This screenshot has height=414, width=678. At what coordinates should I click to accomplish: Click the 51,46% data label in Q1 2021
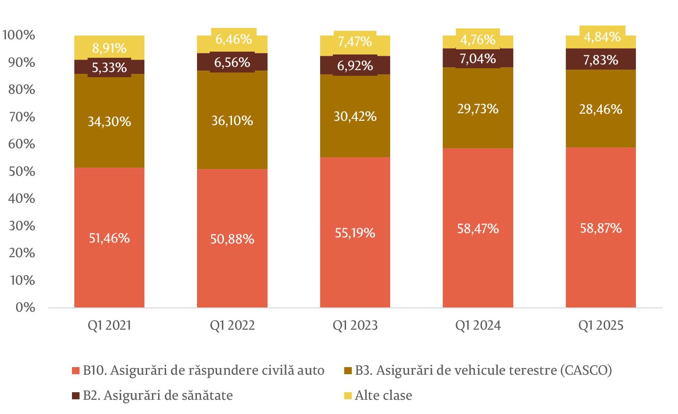click(109, 238)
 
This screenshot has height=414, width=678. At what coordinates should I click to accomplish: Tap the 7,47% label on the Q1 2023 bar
click(355, 42)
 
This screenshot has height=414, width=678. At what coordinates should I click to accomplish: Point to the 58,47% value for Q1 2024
click(478, 229)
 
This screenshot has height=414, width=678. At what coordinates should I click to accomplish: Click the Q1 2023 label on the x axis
click(355, 326)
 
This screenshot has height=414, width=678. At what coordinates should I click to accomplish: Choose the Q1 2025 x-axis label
click(601, 326)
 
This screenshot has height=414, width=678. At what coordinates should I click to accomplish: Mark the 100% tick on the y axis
click(18, 35)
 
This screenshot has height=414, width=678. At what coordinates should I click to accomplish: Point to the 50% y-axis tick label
click(21, 171)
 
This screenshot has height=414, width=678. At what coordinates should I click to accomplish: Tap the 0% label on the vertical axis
click(25, 307)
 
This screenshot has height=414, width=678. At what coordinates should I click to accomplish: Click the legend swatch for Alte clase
click(348, 396)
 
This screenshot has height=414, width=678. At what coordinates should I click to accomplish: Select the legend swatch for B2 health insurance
click(75, 396)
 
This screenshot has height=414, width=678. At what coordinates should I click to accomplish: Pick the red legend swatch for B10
click(75, 370)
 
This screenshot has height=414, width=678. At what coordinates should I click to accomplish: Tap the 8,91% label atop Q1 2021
click(109, 48)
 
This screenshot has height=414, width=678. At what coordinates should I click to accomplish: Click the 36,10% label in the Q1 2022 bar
click(232, 121)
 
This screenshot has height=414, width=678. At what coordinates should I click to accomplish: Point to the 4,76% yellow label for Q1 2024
click(478, 39)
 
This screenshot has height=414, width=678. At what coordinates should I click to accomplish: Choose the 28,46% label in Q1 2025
click(601, 109)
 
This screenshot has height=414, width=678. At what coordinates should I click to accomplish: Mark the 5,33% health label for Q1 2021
click(109, 68)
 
